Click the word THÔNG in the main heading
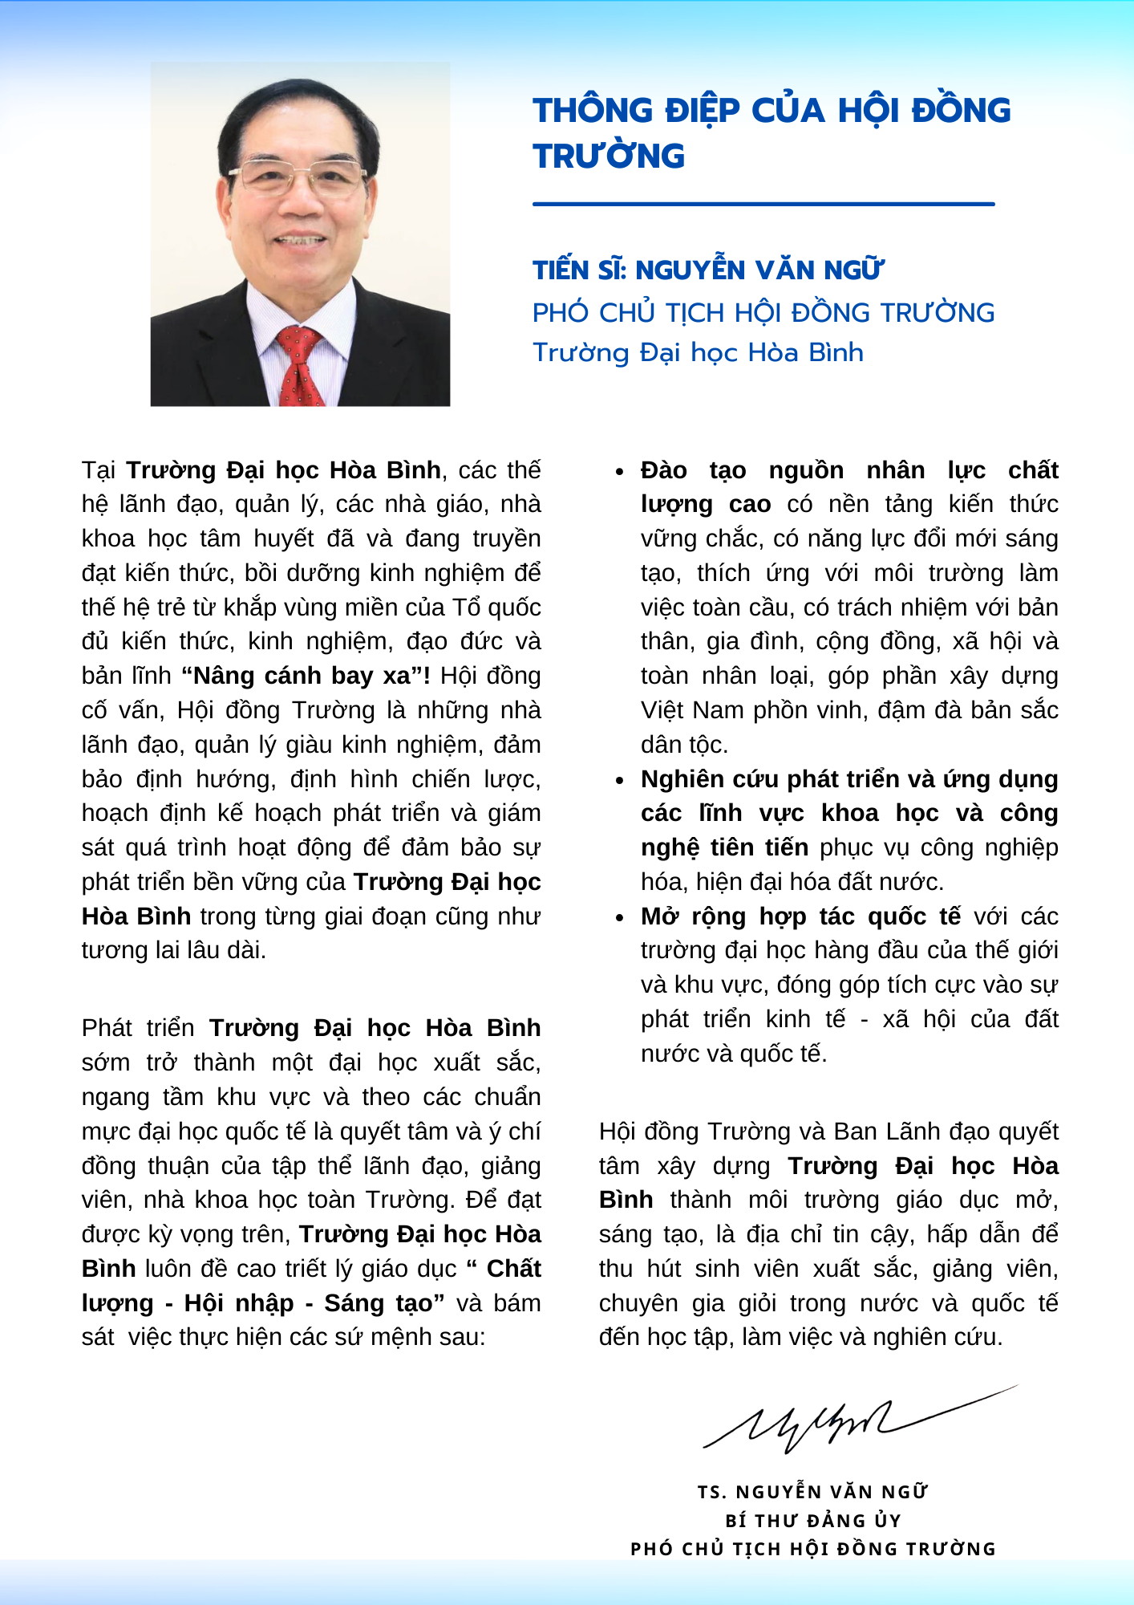click(x=593, y=111)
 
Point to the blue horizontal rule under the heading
click(x=763, y=205)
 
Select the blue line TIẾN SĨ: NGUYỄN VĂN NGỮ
click(x=707, y=270)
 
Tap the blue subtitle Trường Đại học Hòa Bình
click(x=698, y=352)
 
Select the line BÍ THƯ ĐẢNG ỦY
click(x=813, y=1521)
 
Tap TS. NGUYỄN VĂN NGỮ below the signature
click(x=812, y=1492)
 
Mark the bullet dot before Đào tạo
click(x=619, y=472)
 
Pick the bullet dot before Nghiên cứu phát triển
click(x=619, y=781)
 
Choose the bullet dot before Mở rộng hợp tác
click(x=619, y=918)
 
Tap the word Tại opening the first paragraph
click(x=99, y=470)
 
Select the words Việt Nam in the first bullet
click(x=681, y=710)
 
